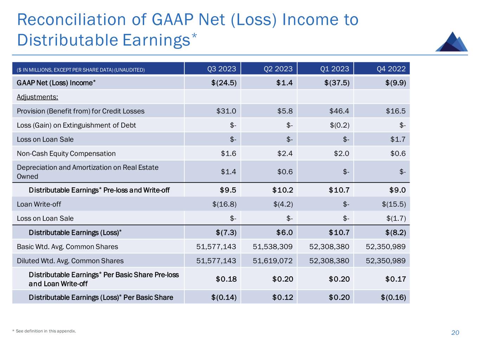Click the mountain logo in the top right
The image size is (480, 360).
(452, 42)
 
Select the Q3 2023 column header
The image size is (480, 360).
(222, 69)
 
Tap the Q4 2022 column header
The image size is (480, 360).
(391, 69)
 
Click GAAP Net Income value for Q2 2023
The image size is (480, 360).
(284, 83)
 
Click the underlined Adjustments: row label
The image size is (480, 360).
(37, 97)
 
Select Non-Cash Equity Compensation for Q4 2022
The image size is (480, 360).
(398, 153)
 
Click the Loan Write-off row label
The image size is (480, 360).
(39, 204)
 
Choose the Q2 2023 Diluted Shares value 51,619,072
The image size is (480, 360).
(273, 261)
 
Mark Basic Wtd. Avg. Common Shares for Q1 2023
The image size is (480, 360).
(329, 247)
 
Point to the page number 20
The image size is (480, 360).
(455, 333)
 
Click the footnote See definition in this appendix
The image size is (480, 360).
(46, 331)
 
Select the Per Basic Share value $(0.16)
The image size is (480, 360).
(393, 297)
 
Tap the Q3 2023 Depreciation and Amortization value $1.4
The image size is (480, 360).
(228, 172)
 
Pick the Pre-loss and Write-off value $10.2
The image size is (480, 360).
(282, 190)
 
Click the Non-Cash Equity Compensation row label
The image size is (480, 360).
(66, 153)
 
